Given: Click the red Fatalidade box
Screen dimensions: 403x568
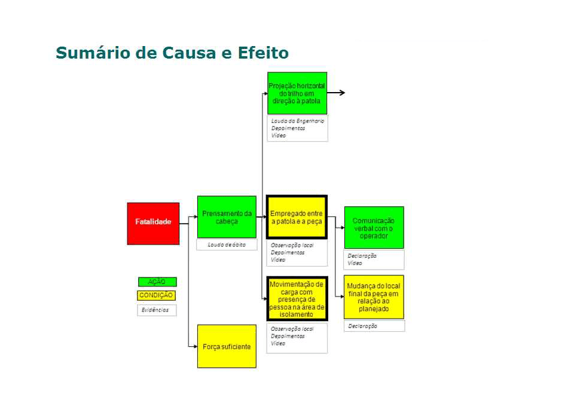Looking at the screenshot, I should click(153, 223).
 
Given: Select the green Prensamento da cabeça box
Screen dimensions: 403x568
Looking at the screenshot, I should click(227, 217).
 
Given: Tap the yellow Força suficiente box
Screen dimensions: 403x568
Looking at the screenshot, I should click(227, 346).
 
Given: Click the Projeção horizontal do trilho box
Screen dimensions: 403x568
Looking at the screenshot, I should click(297, 93).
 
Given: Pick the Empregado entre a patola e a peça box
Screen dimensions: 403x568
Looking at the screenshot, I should click(296, 217).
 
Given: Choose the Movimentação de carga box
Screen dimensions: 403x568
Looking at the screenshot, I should click(296, 299).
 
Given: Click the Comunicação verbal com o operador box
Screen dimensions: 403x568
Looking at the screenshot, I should click(374, 228).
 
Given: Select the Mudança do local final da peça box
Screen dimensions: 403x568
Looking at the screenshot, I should click(374, 297).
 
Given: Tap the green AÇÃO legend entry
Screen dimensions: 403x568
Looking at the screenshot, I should click(157, 282).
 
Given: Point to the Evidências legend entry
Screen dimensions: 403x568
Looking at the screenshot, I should click(155, 310).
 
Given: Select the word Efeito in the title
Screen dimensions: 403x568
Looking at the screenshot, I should click(263, 53).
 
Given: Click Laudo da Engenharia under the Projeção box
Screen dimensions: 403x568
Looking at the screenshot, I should click(297, 121).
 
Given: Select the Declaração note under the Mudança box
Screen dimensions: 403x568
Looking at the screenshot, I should click(362, 326).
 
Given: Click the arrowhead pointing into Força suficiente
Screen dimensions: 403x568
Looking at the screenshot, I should click(194, 346).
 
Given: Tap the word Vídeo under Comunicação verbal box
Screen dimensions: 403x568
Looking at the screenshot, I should click(355, 263).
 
